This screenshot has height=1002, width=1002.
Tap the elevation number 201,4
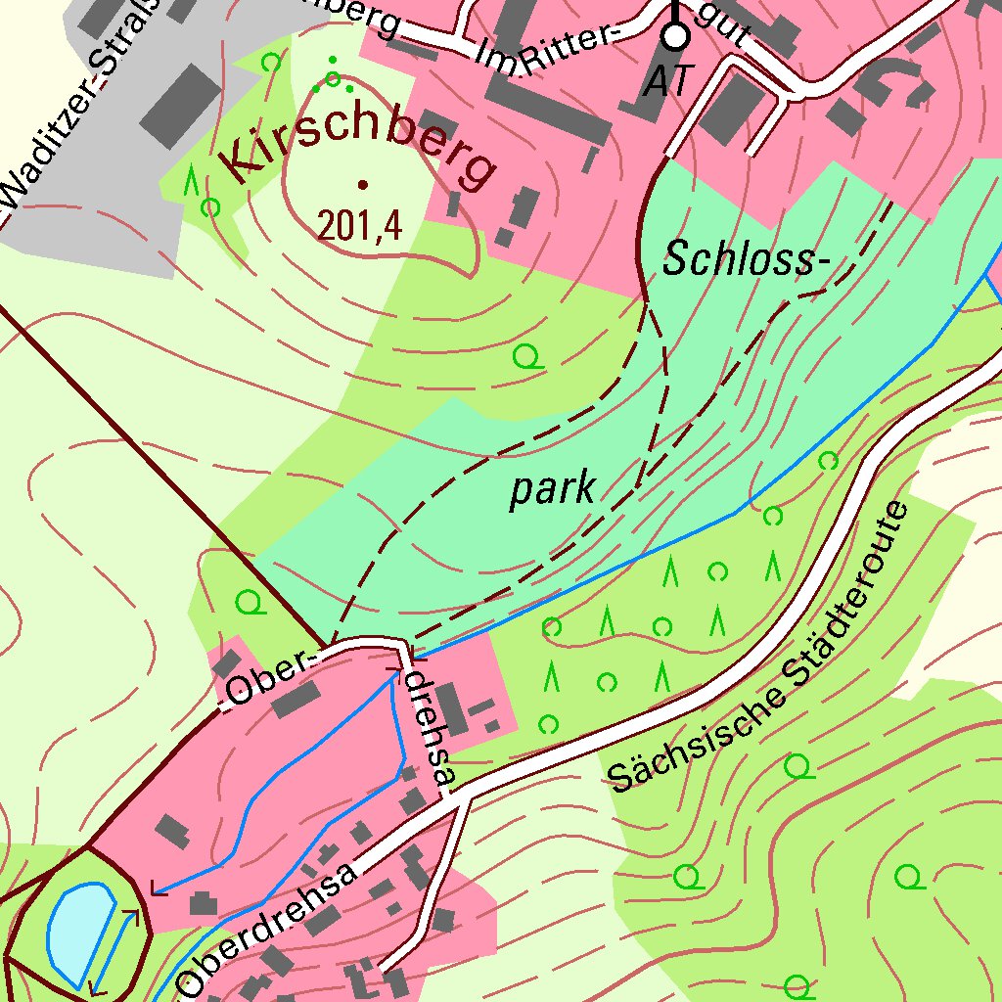click(359, 226)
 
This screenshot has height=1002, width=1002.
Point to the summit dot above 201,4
click(363, 183)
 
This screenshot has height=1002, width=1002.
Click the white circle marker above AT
click(675, 36)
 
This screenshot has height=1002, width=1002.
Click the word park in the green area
click(552, 488)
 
